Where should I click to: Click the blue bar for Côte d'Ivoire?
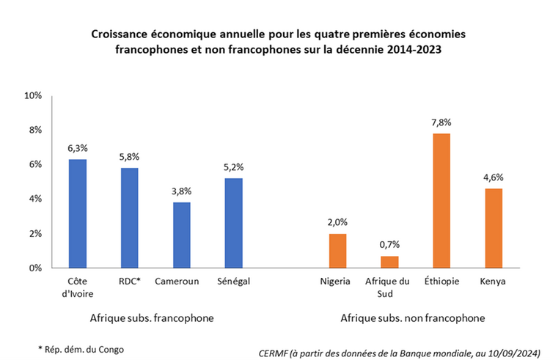tap(78, 213)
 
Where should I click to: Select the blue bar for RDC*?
tap(130, 218)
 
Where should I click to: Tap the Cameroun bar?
tap(182, 235)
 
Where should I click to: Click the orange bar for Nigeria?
tap(337, 251)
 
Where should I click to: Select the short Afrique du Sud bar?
tap(389, 262)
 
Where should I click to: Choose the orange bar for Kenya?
tap(493, 228)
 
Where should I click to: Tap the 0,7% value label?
tap(389, 245)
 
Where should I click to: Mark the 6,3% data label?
tap(78, 148)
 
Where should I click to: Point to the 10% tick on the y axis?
tap(34, 96)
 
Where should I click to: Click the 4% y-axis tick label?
tap(36, 199)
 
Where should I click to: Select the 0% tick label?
tap(36, 268)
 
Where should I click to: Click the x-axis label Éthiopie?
tap(441, 281)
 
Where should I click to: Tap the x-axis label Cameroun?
tap(182, 281)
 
